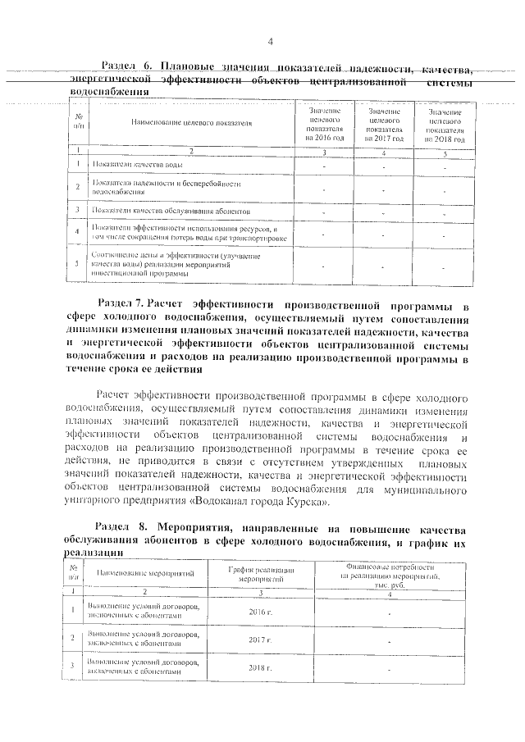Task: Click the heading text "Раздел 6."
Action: pos(126,66)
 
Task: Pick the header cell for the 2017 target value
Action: pos(385,124)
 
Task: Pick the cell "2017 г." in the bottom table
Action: pos(259,640)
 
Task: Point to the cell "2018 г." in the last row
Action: pos(259,667)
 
